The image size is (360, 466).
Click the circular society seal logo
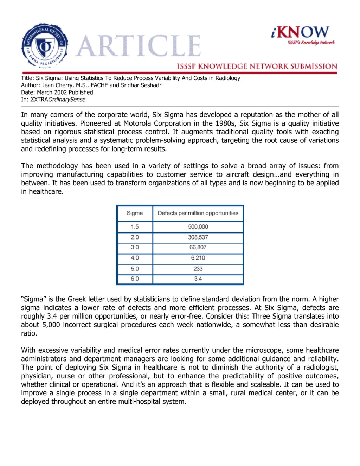tap(45, 46)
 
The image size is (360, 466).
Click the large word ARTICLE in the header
tap(139, 46)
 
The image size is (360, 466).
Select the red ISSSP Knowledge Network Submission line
tap(257, 66)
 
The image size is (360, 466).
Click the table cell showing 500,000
tap(198, 227)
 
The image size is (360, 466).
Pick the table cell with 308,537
tap(198, 237)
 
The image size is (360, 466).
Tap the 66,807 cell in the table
tap(198, 247)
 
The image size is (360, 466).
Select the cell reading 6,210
tap(198, 258)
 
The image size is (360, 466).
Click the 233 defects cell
tap(198, 269)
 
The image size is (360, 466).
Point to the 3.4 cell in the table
tap(198, 279)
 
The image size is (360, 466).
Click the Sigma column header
tap(135, 213)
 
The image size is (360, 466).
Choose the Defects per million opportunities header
tap(198, 213)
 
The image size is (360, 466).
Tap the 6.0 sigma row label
tap(135, 279)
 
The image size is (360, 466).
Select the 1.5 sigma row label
tap(135, 227)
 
